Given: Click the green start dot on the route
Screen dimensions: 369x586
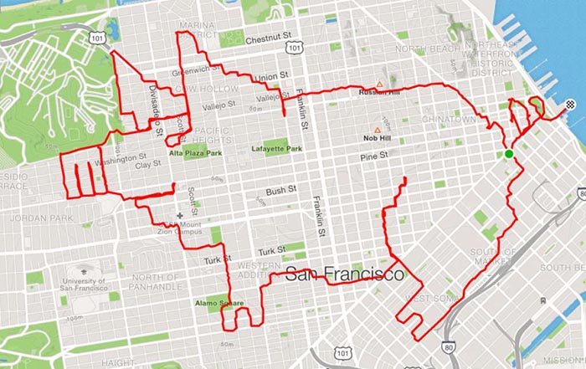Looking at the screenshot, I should coord(508,154).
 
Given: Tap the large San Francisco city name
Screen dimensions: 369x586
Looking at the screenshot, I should coord(344,274).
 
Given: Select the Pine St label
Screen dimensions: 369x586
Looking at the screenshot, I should coord(374,156).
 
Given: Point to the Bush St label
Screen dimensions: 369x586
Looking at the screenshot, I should coord(276,192).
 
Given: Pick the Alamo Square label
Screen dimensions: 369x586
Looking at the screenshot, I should coord(219,303).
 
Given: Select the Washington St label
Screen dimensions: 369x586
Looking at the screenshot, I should coord(121,156).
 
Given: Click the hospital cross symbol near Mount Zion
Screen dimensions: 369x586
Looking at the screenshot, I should coord(179,215).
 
